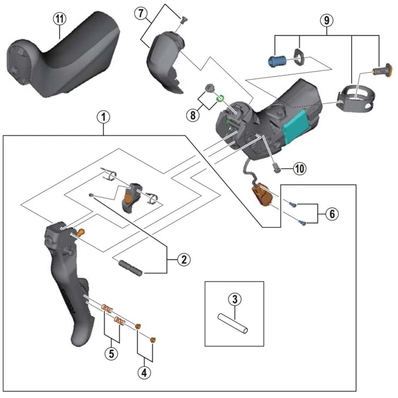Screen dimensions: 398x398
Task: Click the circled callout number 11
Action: pyautogui.click(x=59, y=18)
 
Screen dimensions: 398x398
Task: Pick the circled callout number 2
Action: pyautogui.click(x=182, y=260)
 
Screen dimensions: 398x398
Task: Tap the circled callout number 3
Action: pyautogui.click(x=234, y=299)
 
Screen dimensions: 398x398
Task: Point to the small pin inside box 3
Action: pyautogui.click(x=234, y=323)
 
